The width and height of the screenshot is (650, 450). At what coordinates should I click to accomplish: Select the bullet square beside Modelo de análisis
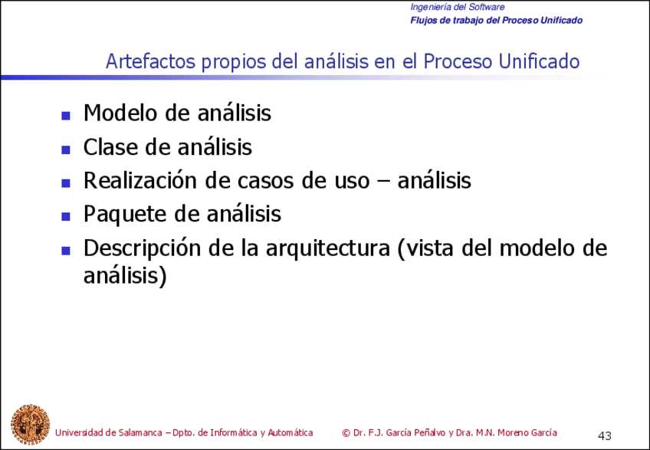66,117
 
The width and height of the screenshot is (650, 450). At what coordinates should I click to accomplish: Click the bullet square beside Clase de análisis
66,149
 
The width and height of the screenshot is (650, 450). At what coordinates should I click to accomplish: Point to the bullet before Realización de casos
66,183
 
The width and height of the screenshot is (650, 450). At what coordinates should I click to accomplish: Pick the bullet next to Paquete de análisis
66,216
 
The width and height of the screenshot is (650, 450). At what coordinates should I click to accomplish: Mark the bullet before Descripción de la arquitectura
66,250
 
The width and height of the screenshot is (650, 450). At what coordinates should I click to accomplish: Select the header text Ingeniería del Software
457,7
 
